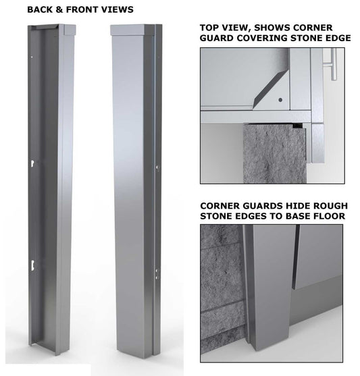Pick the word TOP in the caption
(209, 28)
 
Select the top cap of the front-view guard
(134, 30)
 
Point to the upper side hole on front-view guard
(157, 164)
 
